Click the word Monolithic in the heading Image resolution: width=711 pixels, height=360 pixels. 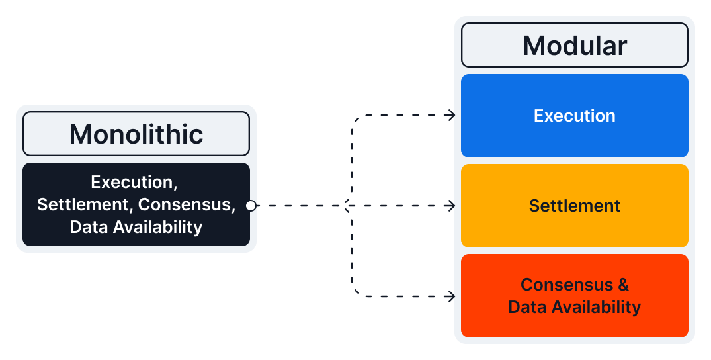tap(136, 134)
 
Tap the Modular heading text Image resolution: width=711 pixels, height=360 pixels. tap(574, 46)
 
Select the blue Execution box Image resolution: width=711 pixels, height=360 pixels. tap(574, 116)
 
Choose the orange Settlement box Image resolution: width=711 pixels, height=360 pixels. tap(574, 206)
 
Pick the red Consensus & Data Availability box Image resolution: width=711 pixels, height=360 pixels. tap(574, 296)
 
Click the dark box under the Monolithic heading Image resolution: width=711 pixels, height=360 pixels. tap(136, 205)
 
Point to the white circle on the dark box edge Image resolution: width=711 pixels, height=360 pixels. tap(251, 206)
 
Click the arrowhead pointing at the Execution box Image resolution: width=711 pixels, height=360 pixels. tap(452, 116)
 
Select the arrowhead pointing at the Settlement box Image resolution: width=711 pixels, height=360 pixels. tap(452, 206)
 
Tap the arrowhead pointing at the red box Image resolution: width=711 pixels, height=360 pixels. tap(452, 296)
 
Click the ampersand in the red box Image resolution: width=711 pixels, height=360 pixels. tap(623, 285)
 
